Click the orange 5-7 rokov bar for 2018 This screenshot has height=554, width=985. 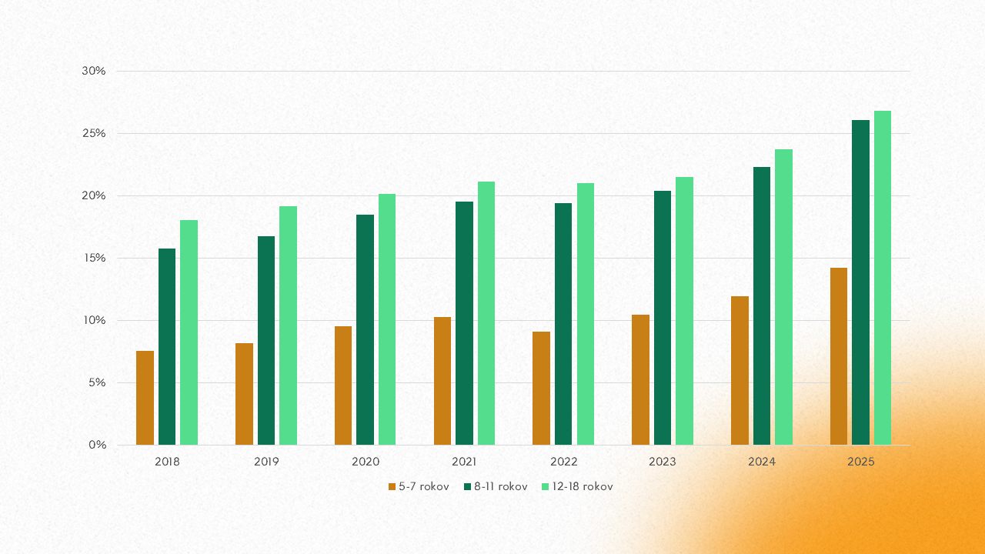click(145, 398)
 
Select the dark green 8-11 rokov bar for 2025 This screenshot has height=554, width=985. click(860, 282)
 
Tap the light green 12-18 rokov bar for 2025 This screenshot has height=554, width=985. click(882, 278)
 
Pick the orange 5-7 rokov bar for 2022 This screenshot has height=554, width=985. click(541, 388)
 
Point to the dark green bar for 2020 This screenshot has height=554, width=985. click(365, 329)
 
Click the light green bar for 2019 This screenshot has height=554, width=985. click(288, 325)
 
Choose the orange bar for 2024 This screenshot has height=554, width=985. click(740, 370)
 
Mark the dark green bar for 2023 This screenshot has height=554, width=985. click(663, 318)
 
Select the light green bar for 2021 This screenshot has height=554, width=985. click(486, 313)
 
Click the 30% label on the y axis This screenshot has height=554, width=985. click(93, 71)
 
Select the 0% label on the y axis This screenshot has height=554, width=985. click(97, 445)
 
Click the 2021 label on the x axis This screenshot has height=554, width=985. click(464, 462)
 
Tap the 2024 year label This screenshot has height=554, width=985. click(762, 462)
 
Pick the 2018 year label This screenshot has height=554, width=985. click(167, 462)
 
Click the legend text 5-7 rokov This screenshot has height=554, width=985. click(424, 486)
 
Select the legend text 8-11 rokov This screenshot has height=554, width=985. click(501, 486)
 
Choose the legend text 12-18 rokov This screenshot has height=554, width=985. click(583, 486)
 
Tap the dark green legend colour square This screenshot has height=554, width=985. click(468, 486)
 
